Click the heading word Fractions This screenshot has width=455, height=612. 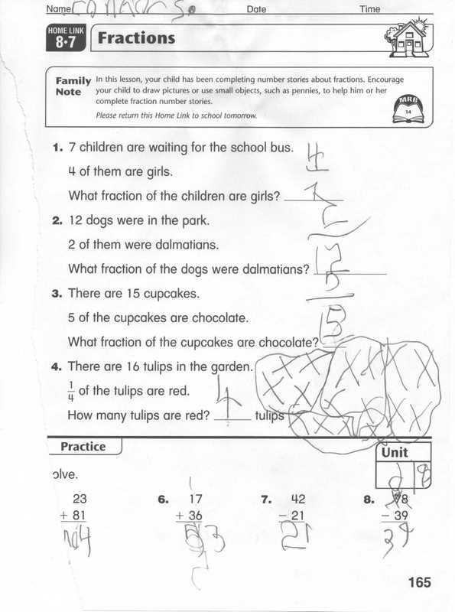(x=135, y=37)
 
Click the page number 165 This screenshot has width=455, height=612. (x=419, y=582)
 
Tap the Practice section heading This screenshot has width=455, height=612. (x=83, y=446)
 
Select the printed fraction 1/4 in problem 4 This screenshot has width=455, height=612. (x=72, y=391)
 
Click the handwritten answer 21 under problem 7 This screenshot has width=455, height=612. (x=293, y=540)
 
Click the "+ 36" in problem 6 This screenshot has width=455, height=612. (x=193, y=516)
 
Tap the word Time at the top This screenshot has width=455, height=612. (x=371, y=9)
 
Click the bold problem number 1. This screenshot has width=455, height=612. (x=57, y=148)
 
